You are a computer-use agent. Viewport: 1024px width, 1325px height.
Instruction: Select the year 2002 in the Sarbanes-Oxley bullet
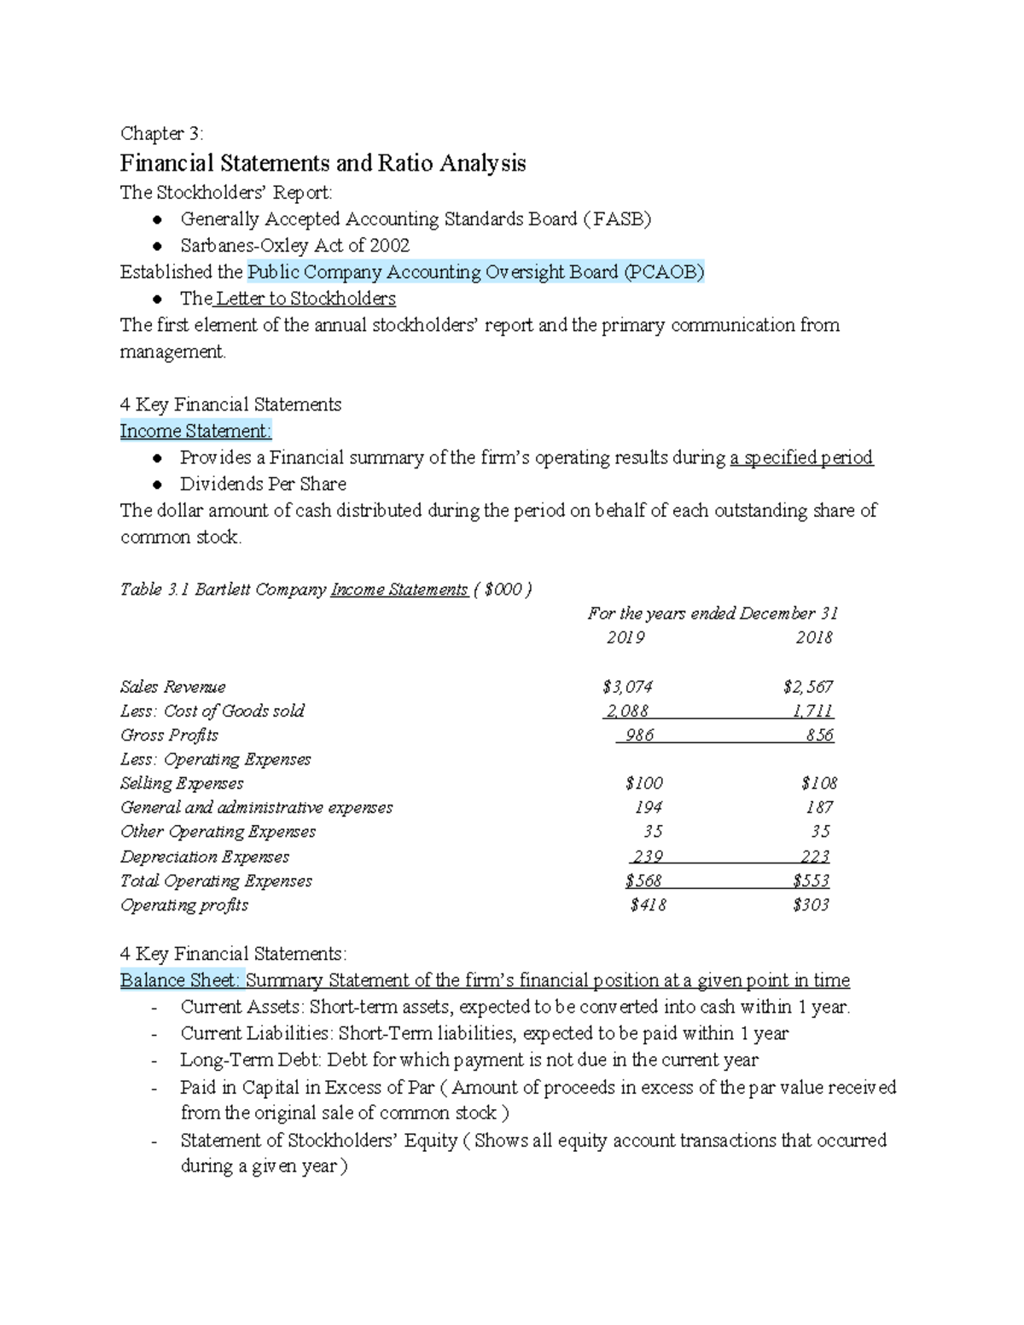pos(389,246)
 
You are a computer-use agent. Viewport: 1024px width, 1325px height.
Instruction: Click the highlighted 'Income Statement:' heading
pos(195,431)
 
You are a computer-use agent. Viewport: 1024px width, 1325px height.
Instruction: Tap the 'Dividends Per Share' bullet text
pos(263,484)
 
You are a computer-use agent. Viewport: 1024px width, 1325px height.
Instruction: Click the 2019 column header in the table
pos(625,637)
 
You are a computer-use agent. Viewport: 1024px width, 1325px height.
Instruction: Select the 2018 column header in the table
pos(814,637)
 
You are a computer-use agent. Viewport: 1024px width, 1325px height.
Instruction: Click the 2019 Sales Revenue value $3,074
pos(627,687)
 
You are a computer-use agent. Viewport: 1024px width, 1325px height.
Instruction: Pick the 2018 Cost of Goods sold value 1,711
pos(812,711)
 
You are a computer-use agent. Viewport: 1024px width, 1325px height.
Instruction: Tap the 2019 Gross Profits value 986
pos(639,735)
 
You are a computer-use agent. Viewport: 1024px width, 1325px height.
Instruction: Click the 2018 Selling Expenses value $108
pos(819,783)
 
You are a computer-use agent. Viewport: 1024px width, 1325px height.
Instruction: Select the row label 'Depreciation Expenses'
pos(205,857)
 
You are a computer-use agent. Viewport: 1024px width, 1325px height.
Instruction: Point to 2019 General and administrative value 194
pos(649,807)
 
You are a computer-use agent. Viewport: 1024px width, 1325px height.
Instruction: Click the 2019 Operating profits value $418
pos(648,905)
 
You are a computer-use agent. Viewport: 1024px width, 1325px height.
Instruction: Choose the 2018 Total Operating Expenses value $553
pos(811,880)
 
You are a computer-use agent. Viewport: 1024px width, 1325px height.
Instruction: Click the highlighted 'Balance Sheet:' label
pos(181,980)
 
